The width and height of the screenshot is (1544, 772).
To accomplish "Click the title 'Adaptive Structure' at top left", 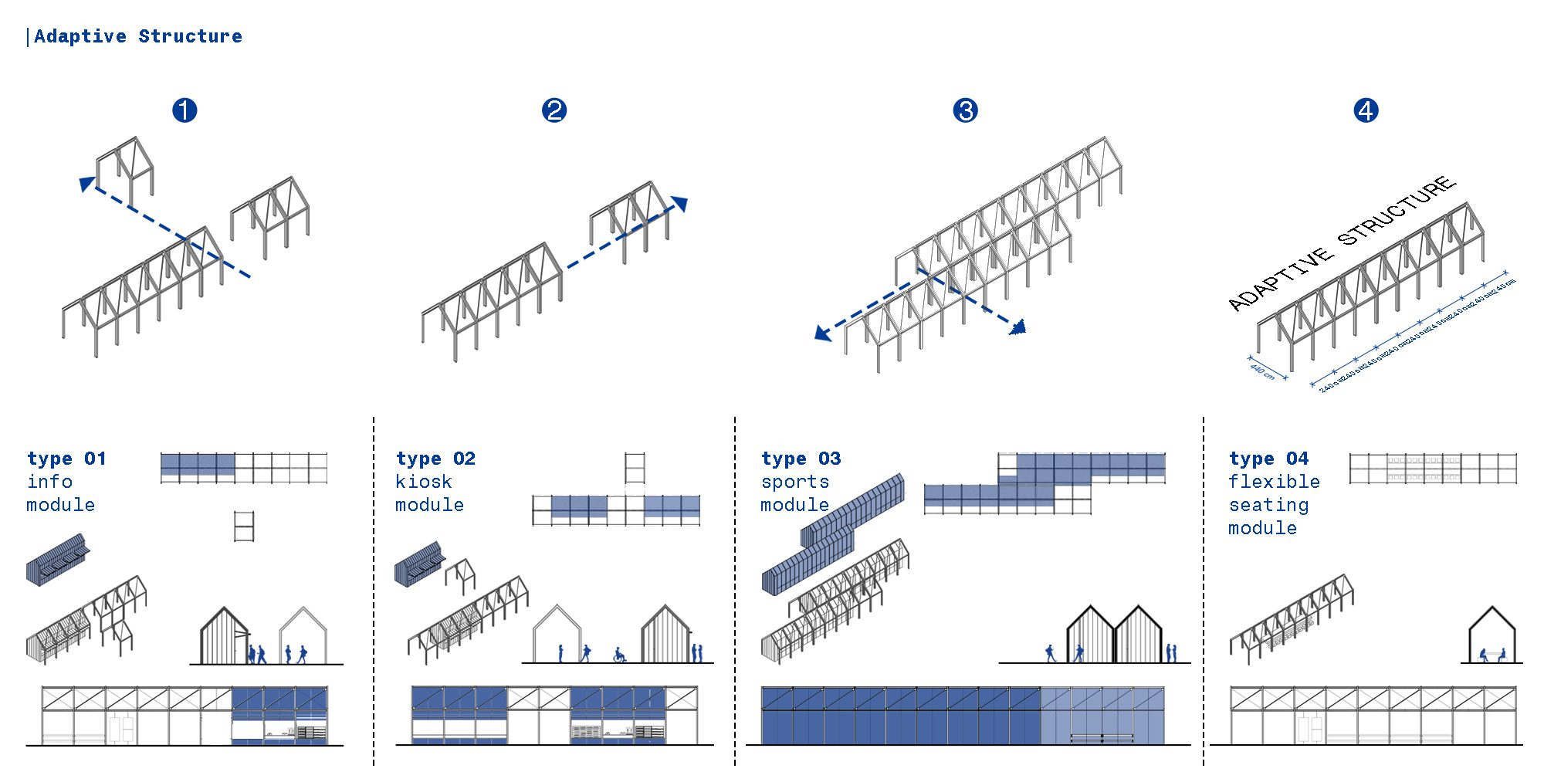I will click(x=137, y=36).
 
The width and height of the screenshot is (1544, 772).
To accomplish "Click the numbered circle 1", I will click(x=185, y=110).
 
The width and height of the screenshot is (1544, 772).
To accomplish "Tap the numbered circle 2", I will click(x=554, y=110).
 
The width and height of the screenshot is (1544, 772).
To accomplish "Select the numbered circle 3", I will click(x=965, y=110).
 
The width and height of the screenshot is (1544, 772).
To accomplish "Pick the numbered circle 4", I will click(x=1366, y=110).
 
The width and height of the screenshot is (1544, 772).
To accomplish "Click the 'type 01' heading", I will click(x=66, y=459).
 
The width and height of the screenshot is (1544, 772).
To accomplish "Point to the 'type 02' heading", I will click(x=435, y=459).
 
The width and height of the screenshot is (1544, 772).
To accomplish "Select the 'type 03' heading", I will click(x=801, y=459).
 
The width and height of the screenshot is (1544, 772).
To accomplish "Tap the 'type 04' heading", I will click(x=1268, y=459).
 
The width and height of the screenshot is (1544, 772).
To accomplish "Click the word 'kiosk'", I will click(x=423, y=482).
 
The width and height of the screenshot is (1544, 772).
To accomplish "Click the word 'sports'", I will click(x=795, y=482).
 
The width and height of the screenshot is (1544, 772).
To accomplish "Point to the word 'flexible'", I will click(x=1274, y=482).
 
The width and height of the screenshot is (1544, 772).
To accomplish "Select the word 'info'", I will click(x=50, y=482).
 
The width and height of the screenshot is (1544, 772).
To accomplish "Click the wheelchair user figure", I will click(x=619, y=655).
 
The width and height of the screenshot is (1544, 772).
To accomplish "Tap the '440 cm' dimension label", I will click(x=1263, y=370).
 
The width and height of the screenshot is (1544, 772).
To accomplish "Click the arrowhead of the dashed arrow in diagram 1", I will click(x=87, y=184).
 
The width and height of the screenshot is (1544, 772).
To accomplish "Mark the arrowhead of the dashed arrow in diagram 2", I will click(x=679, y=204).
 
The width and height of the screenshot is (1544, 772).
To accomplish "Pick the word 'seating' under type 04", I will click(x=1268, y=505).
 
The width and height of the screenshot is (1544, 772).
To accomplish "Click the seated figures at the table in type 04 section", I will click(x=1492, y=655).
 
